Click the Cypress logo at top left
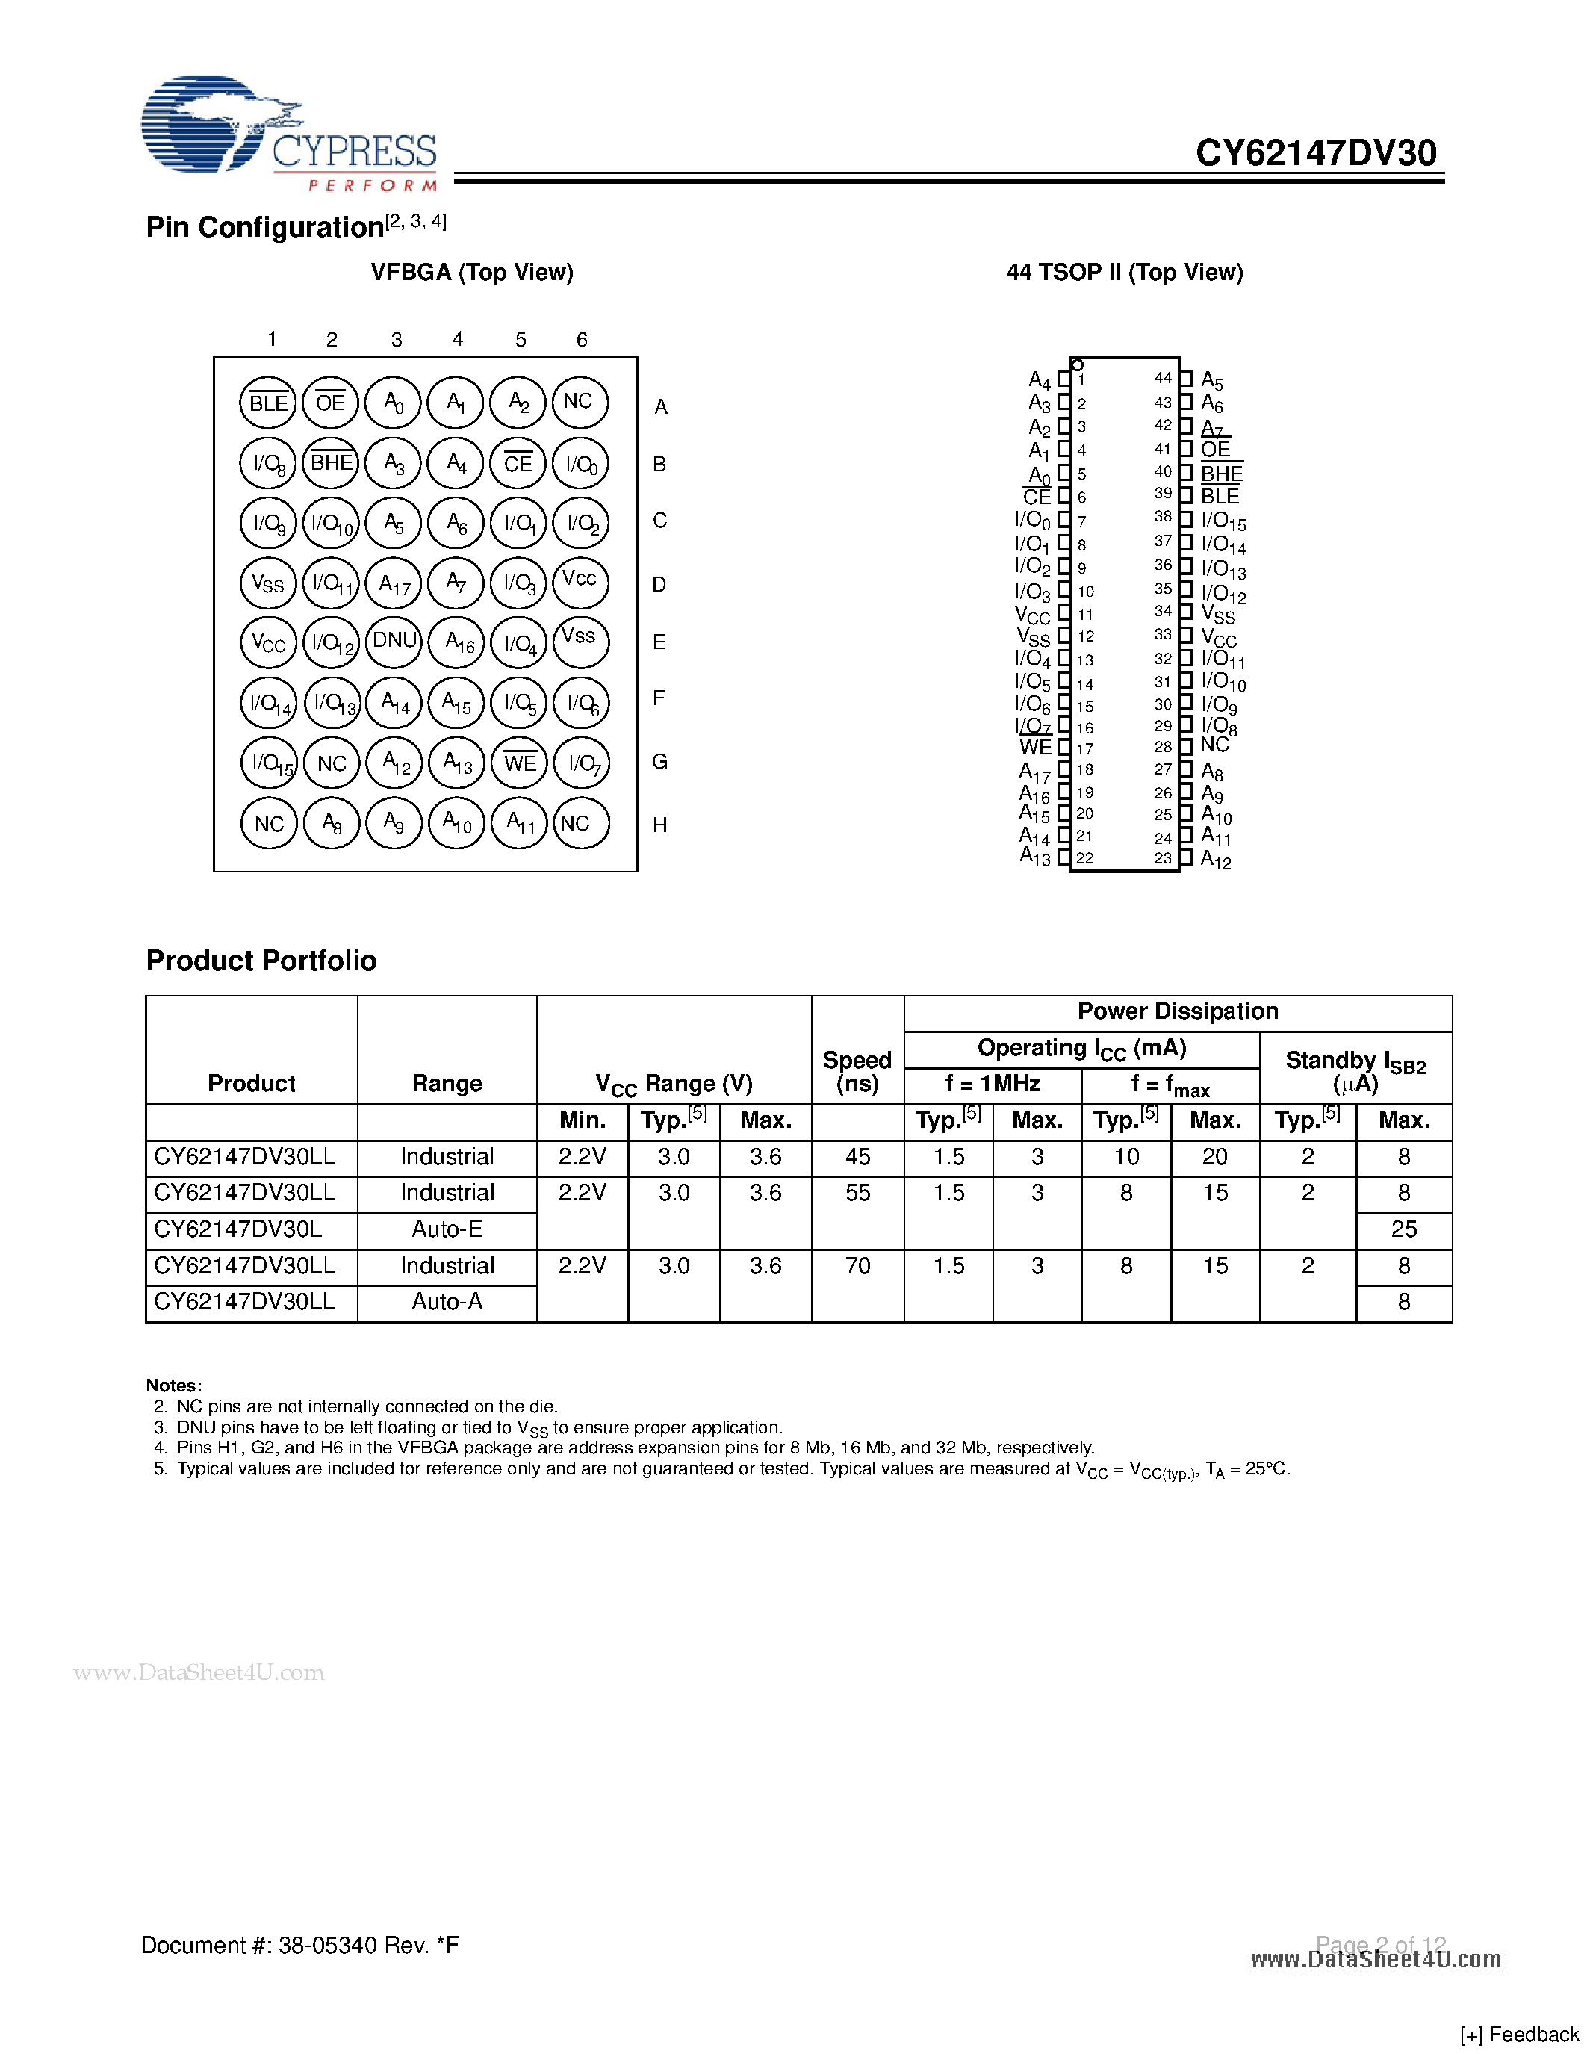click(288, 134)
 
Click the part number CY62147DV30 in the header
click(1315, 152)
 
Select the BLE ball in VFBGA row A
click(268, 403)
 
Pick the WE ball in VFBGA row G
click(520, 763)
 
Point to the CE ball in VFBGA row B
click(518, 464)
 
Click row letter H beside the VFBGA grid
click(660, 825)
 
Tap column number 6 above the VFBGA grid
click(582, 340)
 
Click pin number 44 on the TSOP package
click(1163, 378)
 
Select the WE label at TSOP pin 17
click(1035, 748)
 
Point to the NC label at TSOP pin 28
click(1214, 745)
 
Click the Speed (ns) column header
click(857, 1071)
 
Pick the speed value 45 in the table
click(857, 1157)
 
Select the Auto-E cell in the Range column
click(447, 1229)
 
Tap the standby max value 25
click(1404, 1229)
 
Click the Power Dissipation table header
click(1177, 1011)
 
